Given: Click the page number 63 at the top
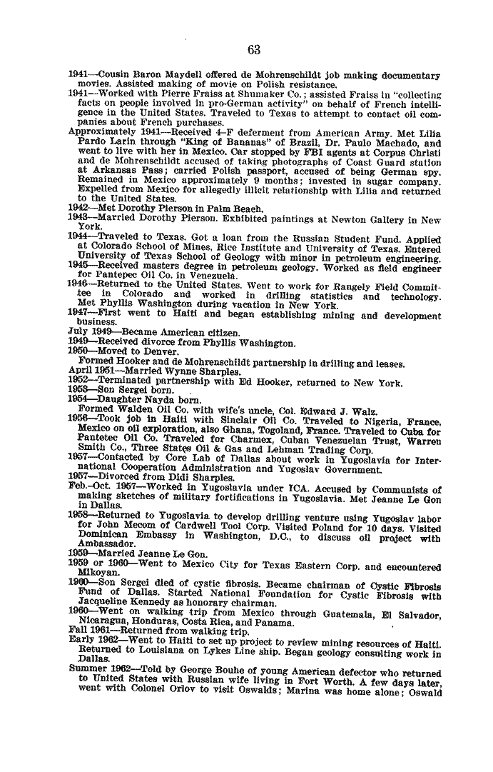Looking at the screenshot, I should tap(253, 49).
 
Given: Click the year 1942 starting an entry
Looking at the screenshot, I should tap(79, 209).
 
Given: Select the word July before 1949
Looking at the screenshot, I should tap(76, 332).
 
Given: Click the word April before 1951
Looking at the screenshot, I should tap(78, 371).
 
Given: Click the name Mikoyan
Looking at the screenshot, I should tap(96, 577).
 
